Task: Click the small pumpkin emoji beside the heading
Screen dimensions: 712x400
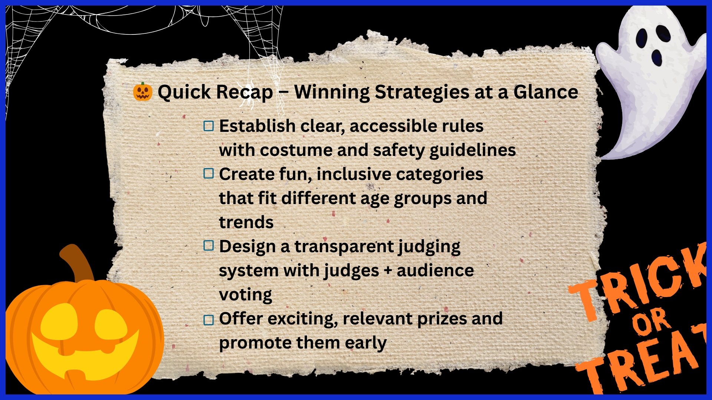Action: pos(143,91)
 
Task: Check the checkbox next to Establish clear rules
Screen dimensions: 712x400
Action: pos(209,126)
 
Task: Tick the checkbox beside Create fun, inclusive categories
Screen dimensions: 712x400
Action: pos(209,173)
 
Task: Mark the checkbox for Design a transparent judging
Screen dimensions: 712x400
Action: pos(209,245)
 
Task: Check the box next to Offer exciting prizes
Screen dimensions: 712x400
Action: pos(209,320)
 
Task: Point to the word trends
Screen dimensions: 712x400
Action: pos(246,222)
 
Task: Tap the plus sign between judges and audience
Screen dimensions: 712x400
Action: pos(388,271)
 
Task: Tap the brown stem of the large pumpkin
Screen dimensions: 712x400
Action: pos(78,263)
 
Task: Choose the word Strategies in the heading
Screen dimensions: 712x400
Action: pos(422,93)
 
